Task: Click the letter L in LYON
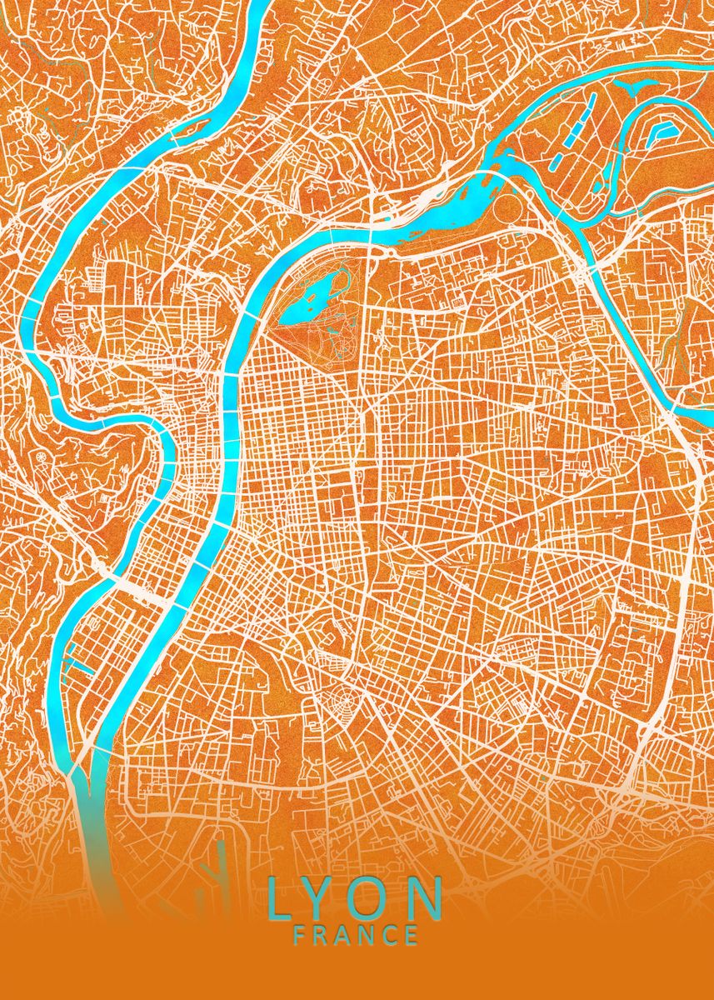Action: coord(280,898)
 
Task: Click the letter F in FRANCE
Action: coord(299,935)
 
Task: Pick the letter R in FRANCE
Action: coord(322,935)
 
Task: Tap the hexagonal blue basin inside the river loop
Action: coord(664,132)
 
